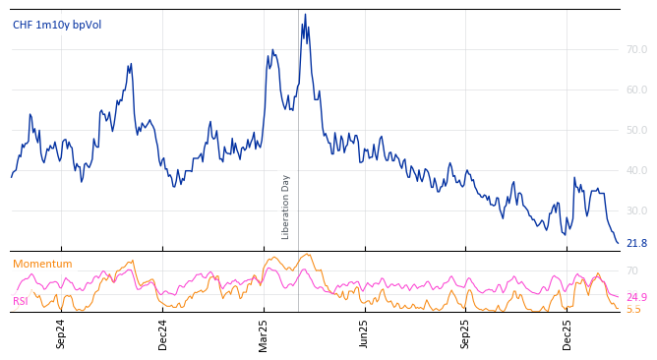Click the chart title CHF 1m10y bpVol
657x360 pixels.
[x=57, y=25]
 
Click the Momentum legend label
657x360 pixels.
[x=42, y=264]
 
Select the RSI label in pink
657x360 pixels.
[x=21, y=301]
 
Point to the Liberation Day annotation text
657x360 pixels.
[x=286, y=207]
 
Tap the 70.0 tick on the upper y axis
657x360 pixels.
[x=636, y=49]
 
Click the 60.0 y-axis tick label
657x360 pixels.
[x=636, y=90]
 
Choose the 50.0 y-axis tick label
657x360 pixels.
[x=636, y=130]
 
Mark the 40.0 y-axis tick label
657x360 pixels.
[x=636, y=170]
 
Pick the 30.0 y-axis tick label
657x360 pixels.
[x=636, y=210]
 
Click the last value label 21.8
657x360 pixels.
[x=636, y=243]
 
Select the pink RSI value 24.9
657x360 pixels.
[x=636, y=297]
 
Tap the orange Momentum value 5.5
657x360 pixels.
[x=633, y=309]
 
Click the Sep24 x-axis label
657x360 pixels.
[x=61, y=333]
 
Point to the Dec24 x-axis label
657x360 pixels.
[x=163, y=333]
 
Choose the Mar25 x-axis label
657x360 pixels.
[x=264, y=333]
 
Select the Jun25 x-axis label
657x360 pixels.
[x=364, y=333]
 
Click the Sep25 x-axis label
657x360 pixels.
[x=466, y=333]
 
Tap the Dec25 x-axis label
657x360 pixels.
[x=567, y=333]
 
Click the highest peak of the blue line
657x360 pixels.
[x=305, y=15]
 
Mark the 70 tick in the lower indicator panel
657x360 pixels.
[x=632, y=270]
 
